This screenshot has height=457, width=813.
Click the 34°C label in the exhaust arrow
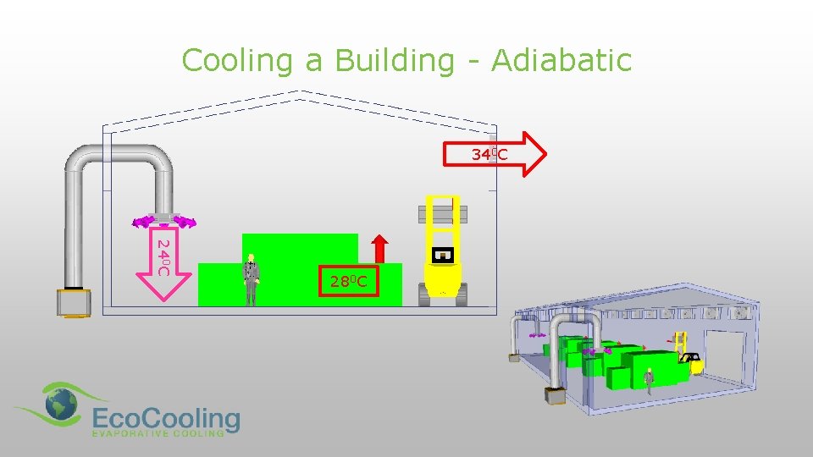489,154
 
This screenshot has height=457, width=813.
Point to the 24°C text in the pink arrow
164,257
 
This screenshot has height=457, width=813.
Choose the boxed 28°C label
348,282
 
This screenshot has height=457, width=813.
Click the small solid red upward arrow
380,248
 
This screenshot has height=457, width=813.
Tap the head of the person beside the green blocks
252,258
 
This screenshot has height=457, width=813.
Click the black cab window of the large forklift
443,254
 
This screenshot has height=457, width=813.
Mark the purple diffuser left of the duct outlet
141,223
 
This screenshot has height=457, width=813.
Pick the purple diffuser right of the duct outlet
184,223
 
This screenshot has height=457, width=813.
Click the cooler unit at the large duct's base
75,302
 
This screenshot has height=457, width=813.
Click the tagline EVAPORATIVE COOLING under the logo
158,432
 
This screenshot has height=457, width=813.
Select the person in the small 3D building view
650,382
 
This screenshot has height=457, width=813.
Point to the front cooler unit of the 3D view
556,395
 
